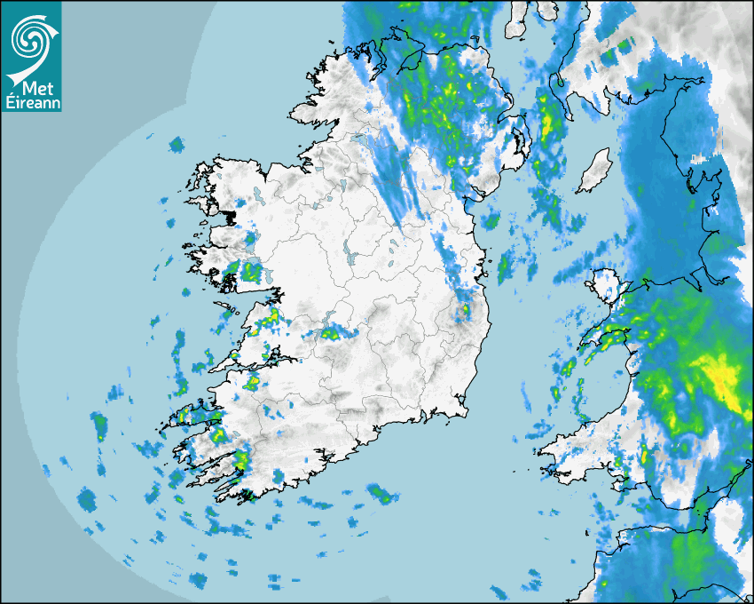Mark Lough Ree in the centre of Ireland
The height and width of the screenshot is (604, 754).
click(x=346, y=251)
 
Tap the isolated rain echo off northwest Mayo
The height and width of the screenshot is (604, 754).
click(x=176, y=145)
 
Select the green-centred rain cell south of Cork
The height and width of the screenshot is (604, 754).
click(x=381, y=493)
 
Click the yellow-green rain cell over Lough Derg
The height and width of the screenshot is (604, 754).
click(x=332, y=333)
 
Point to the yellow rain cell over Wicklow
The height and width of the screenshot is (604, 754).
click(x=462, y=311)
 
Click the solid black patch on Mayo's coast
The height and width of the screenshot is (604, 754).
click(x=232, y=217)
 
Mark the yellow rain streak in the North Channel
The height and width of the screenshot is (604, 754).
click(x=547, y=124)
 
